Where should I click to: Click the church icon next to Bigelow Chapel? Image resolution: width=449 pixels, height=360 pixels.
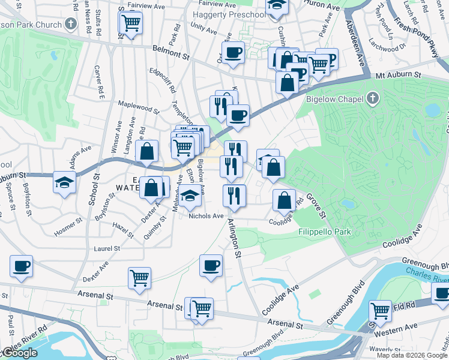[373, 98]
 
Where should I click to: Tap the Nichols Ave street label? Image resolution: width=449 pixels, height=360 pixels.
[206, 216]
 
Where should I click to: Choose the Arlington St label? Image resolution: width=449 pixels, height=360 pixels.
[234, 238]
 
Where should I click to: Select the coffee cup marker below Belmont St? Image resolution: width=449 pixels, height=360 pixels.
[233, 52]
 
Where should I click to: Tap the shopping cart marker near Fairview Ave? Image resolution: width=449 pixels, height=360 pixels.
[130, 24]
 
